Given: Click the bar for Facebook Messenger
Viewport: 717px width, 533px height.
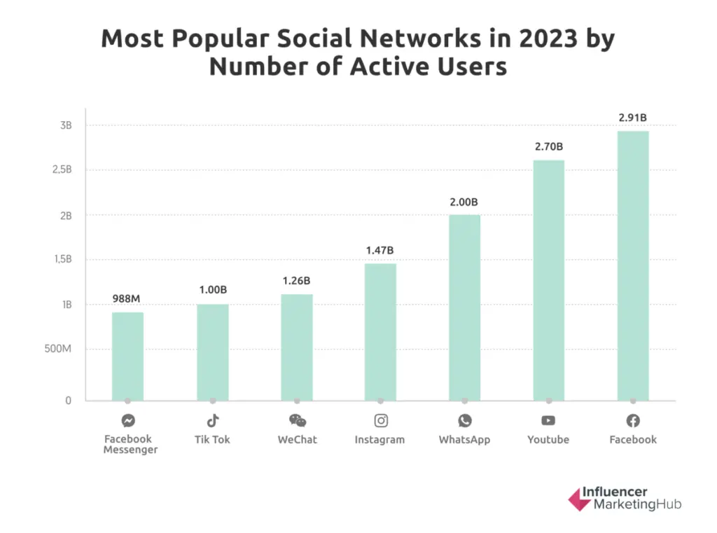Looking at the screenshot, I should (x=127, y=357).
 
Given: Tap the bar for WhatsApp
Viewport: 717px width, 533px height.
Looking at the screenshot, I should (x=464, y=307).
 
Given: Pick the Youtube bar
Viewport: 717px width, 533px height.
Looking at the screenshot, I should (x=548, y=280).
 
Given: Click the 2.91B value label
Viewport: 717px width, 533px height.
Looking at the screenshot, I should (x=632, y=118).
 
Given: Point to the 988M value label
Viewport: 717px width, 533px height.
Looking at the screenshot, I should (x=127, y=299).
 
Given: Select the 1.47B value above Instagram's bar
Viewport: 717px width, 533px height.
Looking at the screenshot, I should (x=380, y=250).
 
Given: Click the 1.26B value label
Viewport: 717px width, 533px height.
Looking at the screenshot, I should (x=296, y=281).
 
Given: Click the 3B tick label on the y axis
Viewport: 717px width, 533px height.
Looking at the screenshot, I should (x=65, y=125).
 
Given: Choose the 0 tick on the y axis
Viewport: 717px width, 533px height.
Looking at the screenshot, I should (x=69, y=401).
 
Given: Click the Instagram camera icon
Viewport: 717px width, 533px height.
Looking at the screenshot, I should (x=380, y=420).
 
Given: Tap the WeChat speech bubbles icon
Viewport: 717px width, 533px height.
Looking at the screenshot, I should (x=297, y=420).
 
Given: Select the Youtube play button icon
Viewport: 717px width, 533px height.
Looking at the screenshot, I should (x=548, y=420).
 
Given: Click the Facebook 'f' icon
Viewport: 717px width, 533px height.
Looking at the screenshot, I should (x=633, y=420).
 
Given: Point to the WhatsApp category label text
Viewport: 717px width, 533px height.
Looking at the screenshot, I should (x=464, y=440).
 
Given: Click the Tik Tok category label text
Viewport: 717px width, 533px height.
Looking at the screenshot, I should (x=212, y=440).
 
